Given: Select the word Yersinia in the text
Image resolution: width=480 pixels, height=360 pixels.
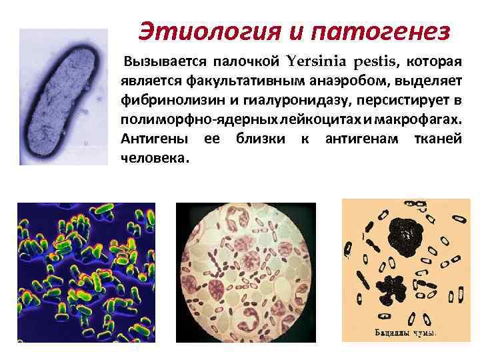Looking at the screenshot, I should point(311,63).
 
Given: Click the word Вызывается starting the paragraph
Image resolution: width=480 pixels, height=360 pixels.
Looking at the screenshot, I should point(165,63).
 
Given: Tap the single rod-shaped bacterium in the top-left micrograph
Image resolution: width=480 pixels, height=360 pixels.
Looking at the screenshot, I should point(63,97).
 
